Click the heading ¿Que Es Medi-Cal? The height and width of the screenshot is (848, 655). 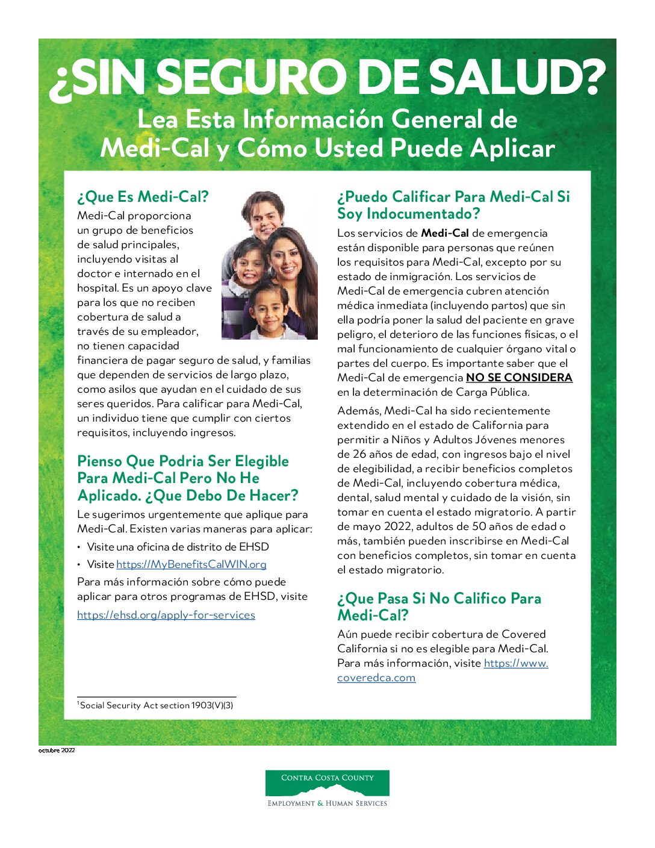pyautogui.click(x=143, y=197)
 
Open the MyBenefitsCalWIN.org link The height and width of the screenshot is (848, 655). pyautogui.click(x=191, y=564)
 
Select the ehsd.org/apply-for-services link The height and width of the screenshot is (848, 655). pyautogui.click(x=166, y=615)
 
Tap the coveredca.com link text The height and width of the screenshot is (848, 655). pyautogui.click(x=376, y=678)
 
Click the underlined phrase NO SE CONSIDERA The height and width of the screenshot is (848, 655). pyautogui.click(x=519, y=378)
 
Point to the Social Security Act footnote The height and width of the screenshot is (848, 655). pyautogui.click(x=155, y=705)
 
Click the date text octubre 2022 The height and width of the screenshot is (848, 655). pyautogui.click(x=57, y=750)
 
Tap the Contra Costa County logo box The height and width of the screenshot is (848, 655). pyautogui.click(x=327, y=782)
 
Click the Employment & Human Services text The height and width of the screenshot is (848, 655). pyautogui.click(x=327, y=803)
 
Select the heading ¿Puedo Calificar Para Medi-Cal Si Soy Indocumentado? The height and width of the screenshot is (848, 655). pyautogui.click(x=453, y=205)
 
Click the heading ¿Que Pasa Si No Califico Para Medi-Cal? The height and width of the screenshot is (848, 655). pyautogui.click(x=439, y=606)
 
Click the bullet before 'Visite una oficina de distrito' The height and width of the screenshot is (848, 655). pyautogui.click(x=79, y=547)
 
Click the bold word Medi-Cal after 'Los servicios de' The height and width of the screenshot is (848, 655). pyautogui.click(x=444, y=233)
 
